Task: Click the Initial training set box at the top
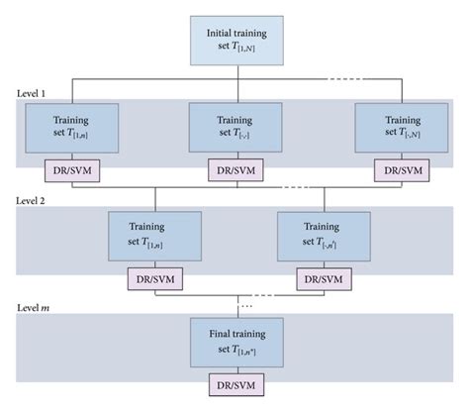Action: click(x=234, y=41)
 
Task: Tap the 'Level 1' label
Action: click(x=35, y=91)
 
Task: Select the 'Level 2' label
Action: click(x=35, y=200)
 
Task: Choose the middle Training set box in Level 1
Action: click(x=234, y=126)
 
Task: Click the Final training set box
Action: click(x=234, y=343)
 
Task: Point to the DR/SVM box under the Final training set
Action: click(x=234, y=384)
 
